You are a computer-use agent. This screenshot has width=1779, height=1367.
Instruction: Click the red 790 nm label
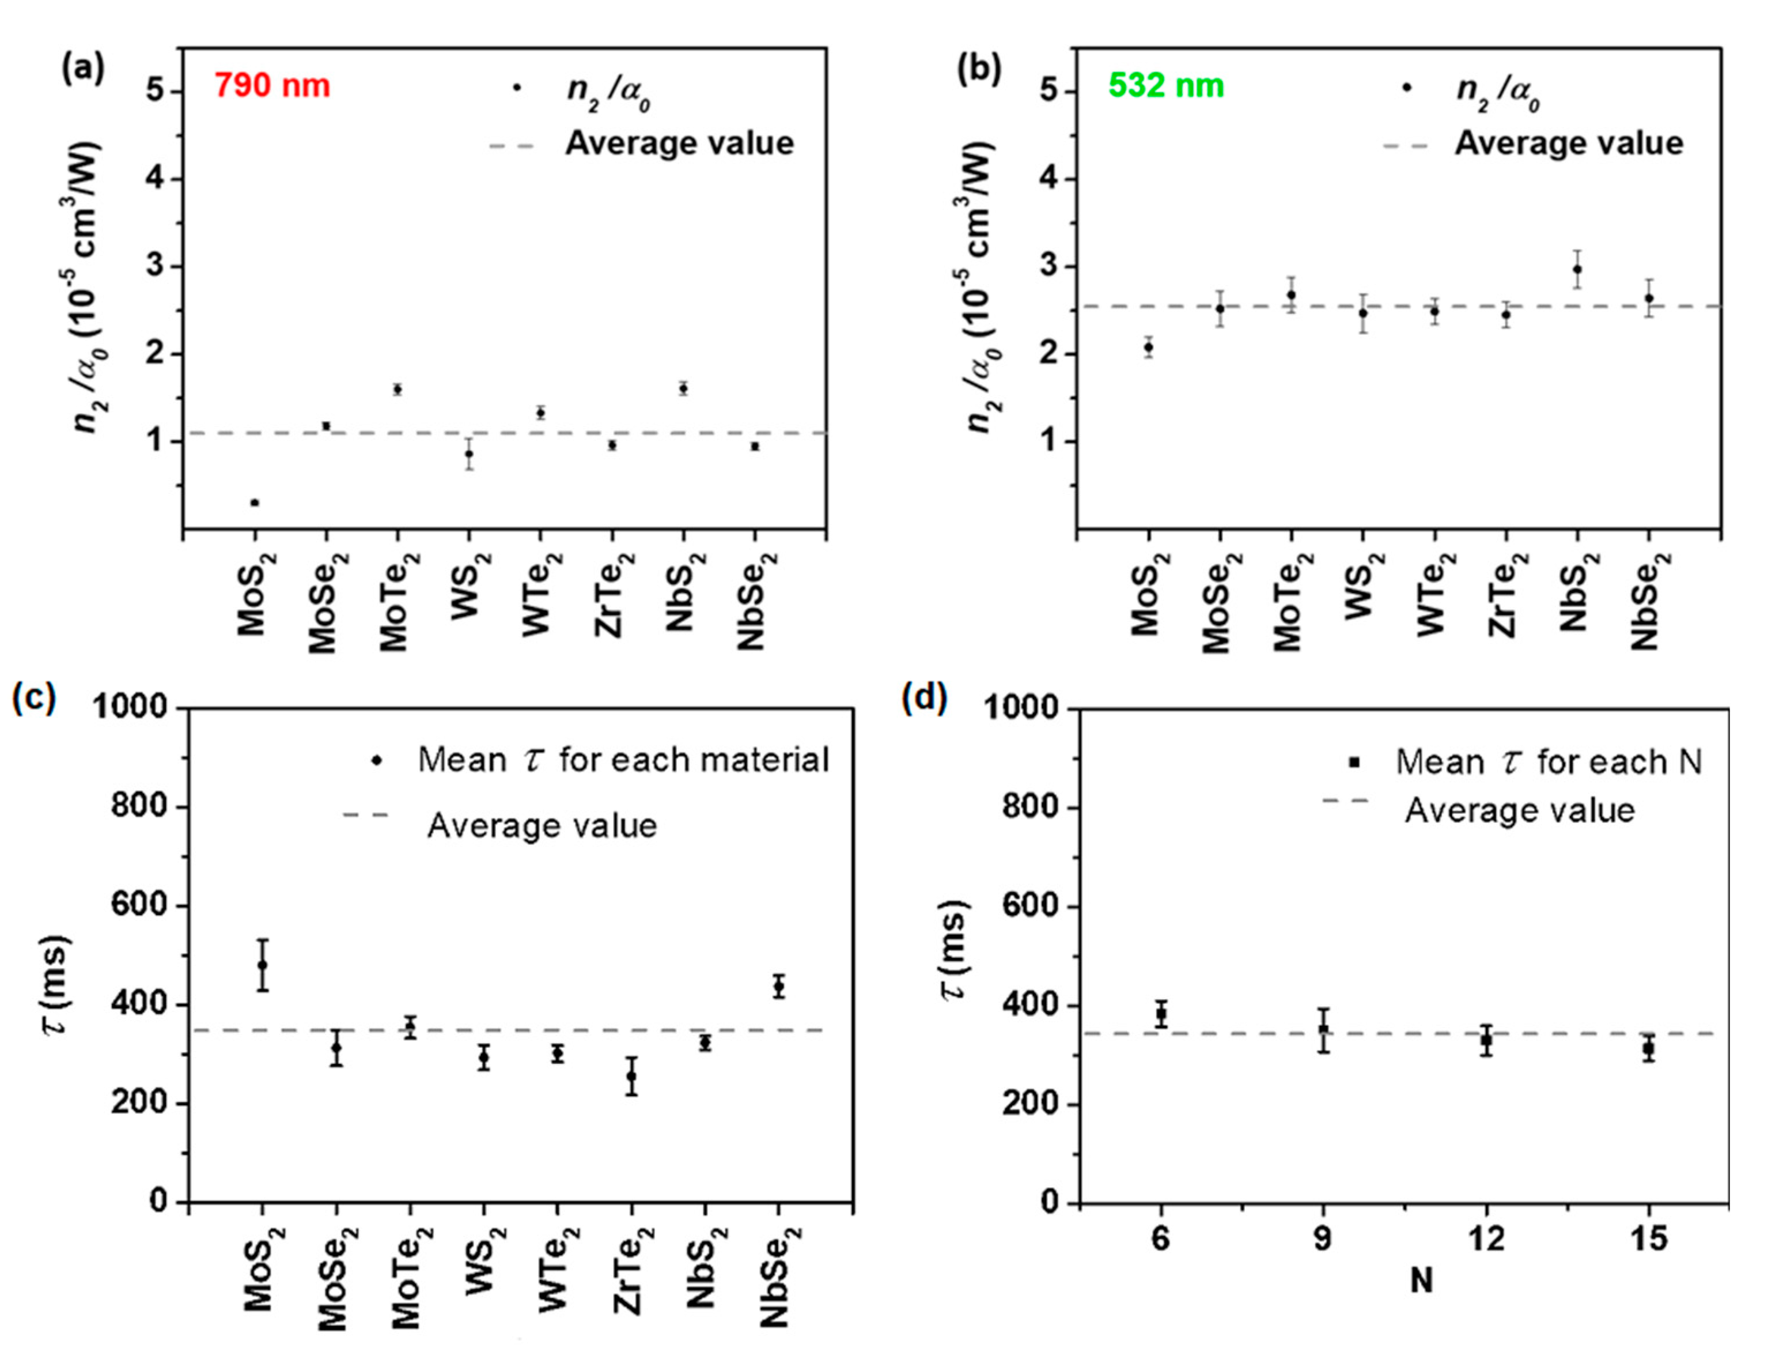272,85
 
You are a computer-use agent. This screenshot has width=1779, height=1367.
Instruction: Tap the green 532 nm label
1165,85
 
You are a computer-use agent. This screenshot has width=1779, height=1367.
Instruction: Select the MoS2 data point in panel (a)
255,503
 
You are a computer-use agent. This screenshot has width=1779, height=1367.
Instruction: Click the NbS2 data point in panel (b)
1576,269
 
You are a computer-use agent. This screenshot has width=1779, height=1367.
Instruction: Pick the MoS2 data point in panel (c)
262,965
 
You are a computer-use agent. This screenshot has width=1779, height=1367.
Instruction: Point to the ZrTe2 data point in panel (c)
631,1076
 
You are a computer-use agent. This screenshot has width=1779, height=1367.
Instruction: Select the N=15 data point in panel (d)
1648,1049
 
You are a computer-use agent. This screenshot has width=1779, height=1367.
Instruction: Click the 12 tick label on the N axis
1485,1239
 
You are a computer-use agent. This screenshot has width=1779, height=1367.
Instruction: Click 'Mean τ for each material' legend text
622,760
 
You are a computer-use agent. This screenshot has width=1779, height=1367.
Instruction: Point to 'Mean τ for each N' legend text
1548,762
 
